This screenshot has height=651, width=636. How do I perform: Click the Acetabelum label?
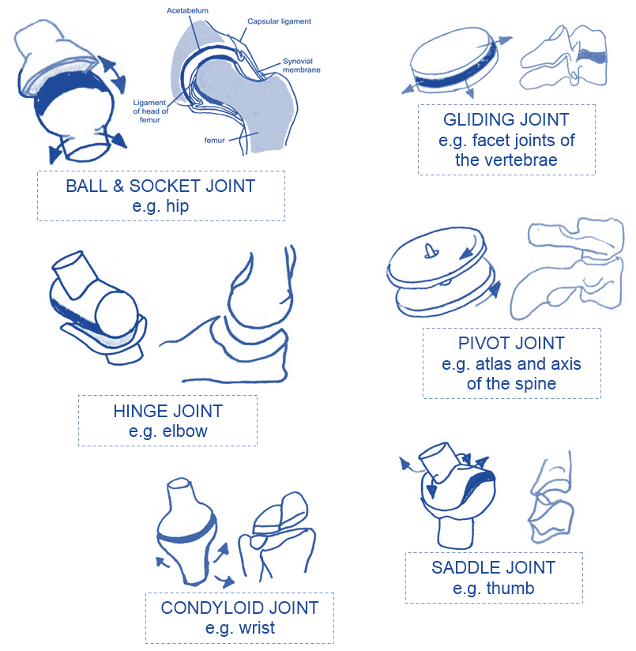[187, 10]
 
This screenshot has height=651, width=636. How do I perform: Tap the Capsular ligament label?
[279, 21]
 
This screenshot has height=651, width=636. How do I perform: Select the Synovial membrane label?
[301, 66]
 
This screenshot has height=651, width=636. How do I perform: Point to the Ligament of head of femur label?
[150, 111]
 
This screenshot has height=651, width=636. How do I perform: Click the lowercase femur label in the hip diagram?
[215, 141]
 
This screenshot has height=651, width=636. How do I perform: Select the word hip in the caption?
[177, 206]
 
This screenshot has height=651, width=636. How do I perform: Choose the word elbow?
[185, 431]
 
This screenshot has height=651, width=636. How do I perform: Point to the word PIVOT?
[481, 344]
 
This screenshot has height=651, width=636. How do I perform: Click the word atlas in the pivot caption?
[494, 364]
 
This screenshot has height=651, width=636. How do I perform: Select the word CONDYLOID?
[208, 608]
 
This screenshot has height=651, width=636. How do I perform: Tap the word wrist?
[257, 628]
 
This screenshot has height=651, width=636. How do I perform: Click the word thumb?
[510, 589]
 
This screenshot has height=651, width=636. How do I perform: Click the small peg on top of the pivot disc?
[430, 250]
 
